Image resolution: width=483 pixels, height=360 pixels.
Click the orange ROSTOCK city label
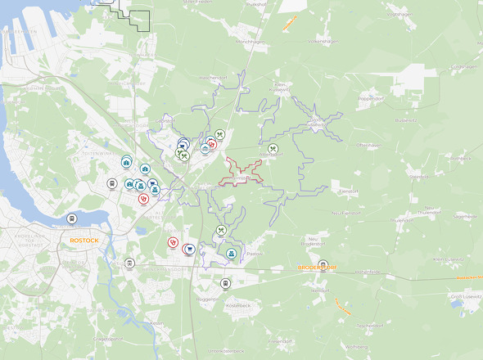[x=84, y=241]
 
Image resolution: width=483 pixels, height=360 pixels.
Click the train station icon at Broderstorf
[x=323, y=264]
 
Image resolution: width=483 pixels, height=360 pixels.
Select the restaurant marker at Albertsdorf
[x=273, y=149]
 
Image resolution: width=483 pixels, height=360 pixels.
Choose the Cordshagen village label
[x=463, y=67]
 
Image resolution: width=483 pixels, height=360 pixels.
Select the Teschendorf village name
[x=369, y=325]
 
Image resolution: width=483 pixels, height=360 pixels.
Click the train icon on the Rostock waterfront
[x=72, y=218]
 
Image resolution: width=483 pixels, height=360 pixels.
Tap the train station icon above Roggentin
[x=225, y=283]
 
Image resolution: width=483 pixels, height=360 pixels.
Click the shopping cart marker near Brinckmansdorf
[x=190, y=249]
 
